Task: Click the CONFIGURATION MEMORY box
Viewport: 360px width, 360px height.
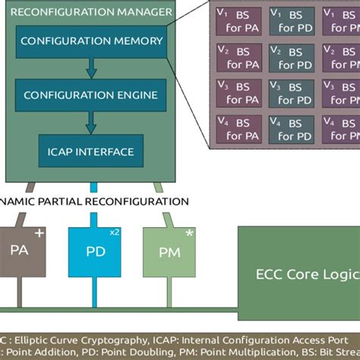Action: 90,40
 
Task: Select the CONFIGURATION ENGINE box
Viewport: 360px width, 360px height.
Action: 90,95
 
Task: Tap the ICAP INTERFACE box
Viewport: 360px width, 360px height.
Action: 90,151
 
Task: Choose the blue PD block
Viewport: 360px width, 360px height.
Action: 95,251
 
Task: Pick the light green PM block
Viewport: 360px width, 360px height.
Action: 169,251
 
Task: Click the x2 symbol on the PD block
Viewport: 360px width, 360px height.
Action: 114,232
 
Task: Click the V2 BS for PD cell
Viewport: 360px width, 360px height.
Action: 293,58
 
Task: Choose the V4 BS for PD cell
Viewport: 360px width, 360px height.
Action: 293,128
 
